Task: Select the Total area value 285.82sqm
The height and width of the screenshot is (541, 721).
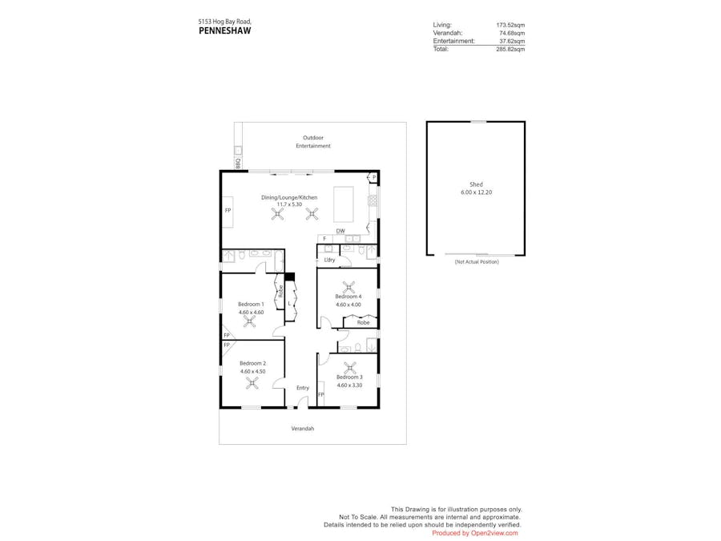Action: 510,49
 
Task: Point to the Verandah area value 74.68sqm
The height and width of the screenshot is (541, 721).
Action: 512,33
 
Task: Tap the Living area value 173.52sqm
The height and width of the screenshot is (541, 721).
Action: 510,25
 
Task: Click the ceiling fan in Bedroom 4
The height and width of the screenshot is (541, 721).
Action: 348,287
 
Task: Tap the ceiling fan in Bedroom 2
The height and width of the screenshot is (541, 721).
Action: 252,383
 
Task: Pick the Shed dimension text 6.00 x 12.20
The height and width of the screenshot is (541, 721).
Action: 476,192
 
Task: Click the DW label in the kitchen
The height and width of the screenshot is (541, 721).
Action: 340,231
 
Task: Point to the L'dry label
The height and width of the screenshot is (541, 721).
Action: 329,260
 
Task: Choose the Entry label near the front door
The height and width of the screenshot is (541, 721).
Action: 302,388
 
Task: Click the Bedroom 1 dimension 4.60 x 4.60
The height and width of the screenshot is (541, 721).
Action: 251,312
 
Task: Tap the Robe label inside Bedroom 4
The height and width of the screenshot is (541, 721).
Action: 363,322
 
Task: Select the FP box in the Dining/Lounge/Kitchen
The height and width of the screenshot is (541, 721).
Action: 228,210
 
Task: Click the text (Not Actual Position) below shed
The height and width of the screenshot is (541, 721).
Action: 476,262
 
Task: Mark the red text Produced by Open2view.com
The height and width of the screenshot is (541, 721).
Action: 474,533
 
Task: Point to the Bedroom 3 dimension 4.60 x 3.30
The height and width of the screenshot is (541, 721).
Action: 348,386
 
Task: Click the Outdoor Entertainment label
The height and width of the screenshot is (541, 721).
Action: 313,142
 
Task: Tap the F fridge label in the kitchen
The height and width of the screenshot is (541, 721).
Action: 324,238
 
